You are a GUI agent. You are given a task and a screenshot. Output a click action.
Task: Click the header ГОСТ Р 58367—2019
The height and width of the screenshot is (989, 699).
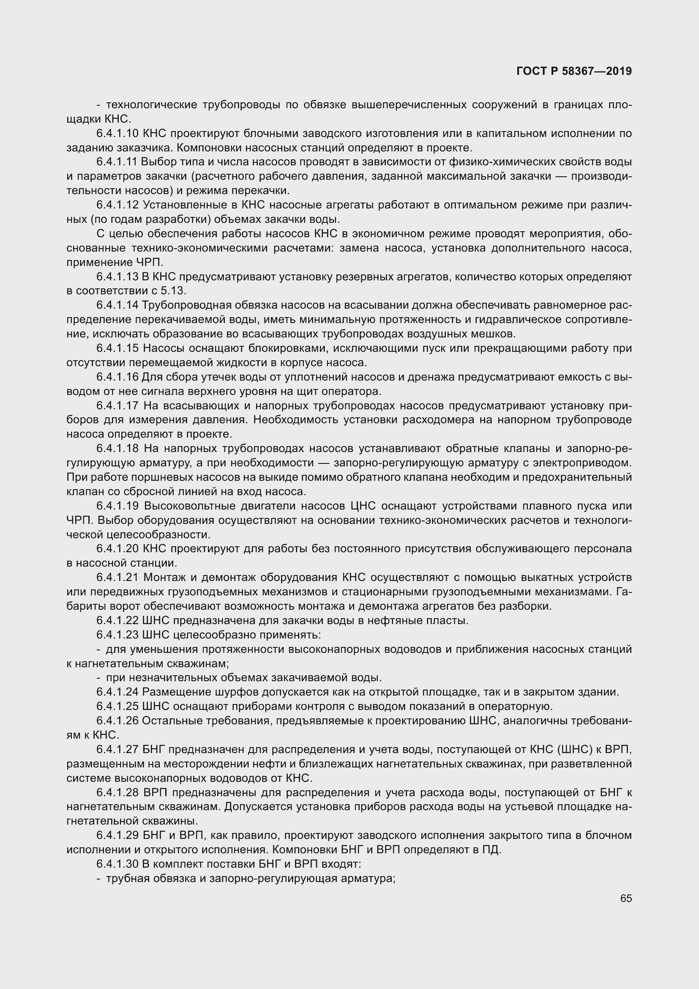pos(574,71)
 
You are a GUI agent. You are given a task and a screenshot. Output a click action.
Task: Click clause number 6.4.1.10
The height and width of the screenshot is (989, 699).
pos(117,134)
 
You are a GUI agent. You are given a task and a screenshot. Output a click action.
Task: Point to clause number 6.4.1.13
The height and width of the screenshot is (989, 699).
pos(117,277)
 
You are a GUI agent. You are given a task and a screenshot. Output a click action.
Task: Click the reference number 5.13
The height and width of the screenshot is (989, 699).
pos(173,291)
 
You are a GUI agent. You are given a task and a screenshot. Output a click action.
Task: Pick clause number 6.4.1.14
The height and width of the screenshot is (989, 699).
pos(117,305)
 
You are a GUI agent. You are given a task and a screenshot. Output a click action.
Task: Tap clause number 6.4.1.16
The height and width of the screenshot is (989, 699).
pos(117,377)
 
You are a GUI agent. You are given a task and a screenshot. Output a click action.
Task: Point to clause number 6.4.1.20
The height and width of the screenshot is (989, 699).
pos(117,549)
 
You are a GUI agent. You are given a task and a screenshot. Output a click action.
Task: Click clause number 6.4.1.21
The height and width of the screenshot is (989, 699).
pos(117,577)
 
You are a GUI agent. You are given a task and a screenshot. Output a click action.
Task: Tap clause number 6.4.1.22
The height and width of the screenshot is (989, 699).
pos(117,620)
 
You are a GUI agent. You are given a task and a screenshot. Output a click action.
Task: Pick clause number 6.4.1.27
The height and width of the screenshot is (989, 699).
pos(117,750)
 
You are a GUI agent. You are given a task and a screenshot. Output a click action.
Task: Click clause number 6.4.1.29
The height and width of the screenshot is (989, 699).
pos(117,836)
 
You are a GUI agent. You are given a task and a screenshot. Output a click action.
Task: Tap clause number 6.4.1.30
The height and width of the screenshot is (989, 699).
pos(117,864)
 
